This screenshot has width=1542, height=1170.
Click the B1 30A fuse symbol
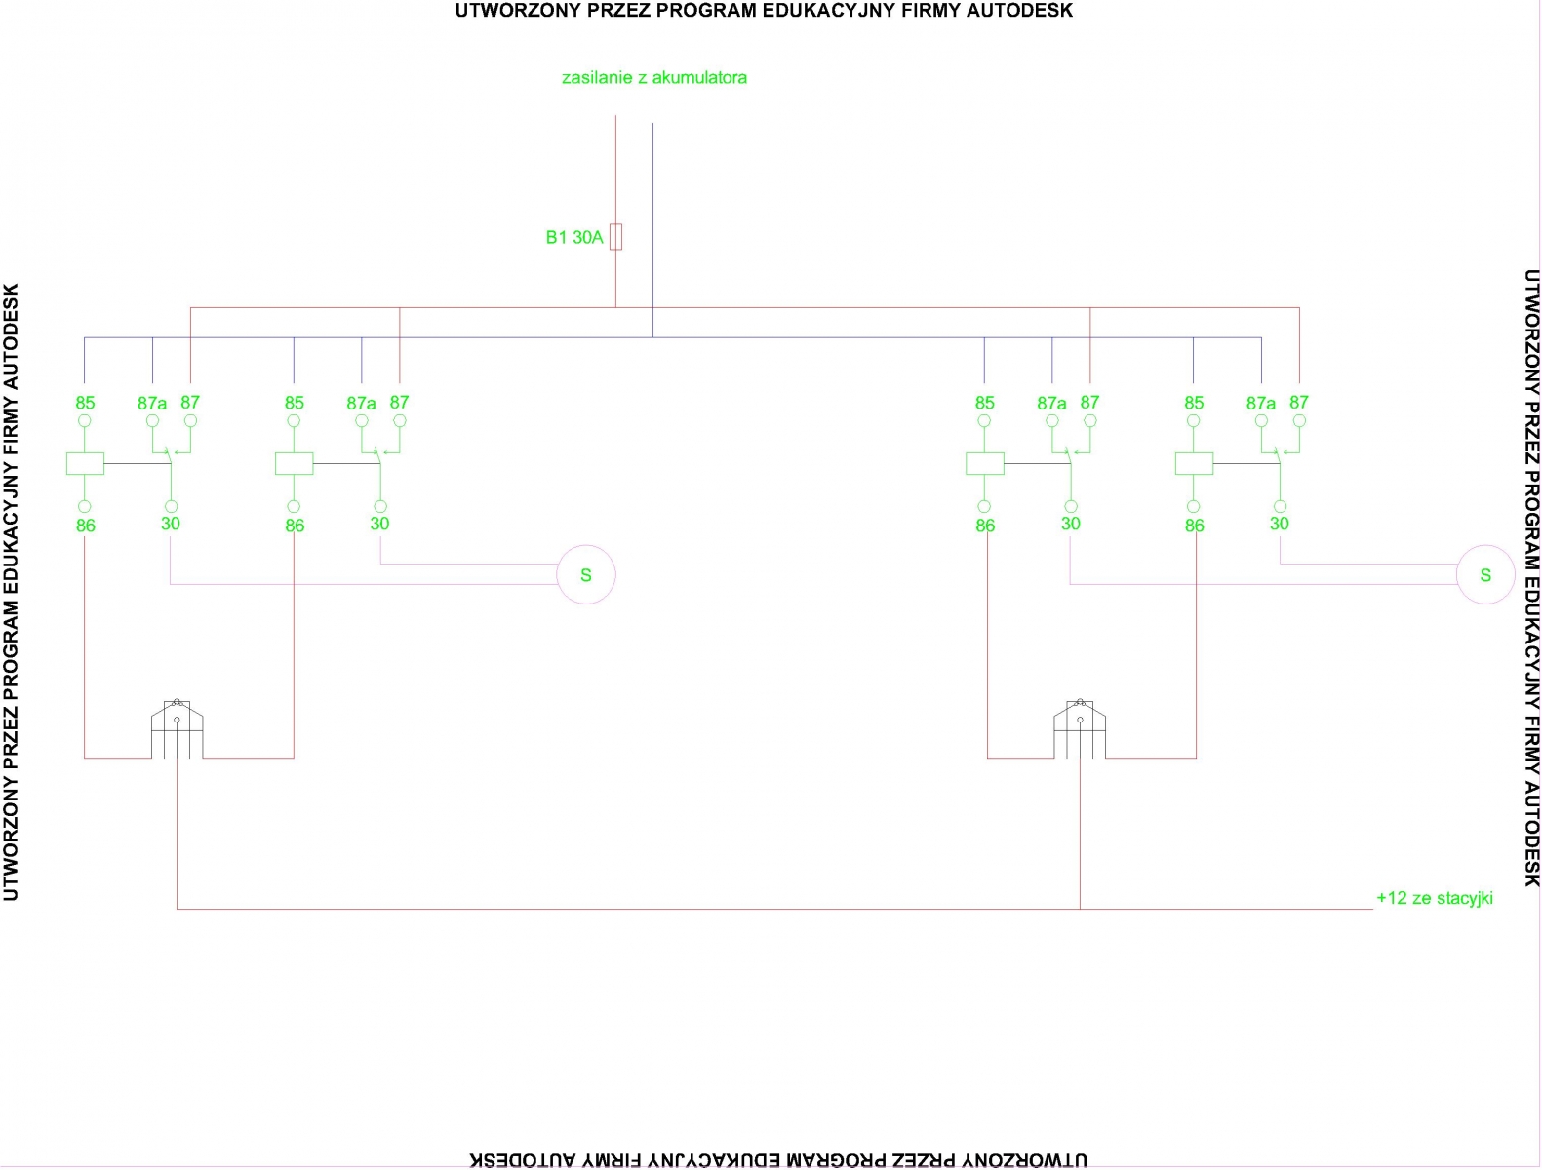click(615, 237)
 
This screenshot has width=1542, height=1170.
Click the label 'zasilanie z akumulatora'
click(654, 77)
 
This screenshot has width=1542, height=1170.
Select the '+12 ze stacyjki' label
click(1434, 898)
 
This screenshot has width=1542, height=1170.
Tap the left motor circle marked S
click(586, 574)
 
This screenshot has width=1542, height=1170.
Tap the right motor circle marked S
click(1485, 574)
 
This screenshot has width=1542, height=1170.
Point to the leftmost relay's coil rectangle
click(85, 463)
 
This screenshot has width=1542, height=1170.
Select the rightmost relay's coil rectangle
click(1194, 463)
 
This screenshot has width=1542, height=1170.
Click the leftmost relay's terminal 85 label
click(85, 403)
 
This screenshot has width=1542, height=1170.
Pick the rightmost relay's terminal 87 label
click(1299, 402)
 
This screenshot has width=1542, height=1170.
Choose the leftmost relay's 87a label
click(152, 403)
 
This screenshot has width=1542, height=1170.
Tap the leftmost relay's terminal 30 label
click(171, 524)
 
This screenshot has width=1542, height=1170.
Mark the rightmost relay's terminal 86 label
click(1194, 526)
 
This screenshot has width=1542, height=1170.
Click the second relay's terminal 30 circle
click(380, 506)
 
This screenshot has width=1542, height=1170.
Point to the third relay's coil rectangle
click(985, 463)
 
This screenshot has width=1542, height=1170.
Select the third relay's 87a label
click(1051, 403)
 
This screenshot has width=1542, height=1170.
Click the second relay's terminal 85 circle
click(294, 420)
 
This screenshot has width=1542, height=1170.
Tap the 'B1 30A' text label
click(573, 237)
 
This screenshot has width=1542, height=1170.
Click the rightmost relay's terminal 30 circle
click(1280, 506)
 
